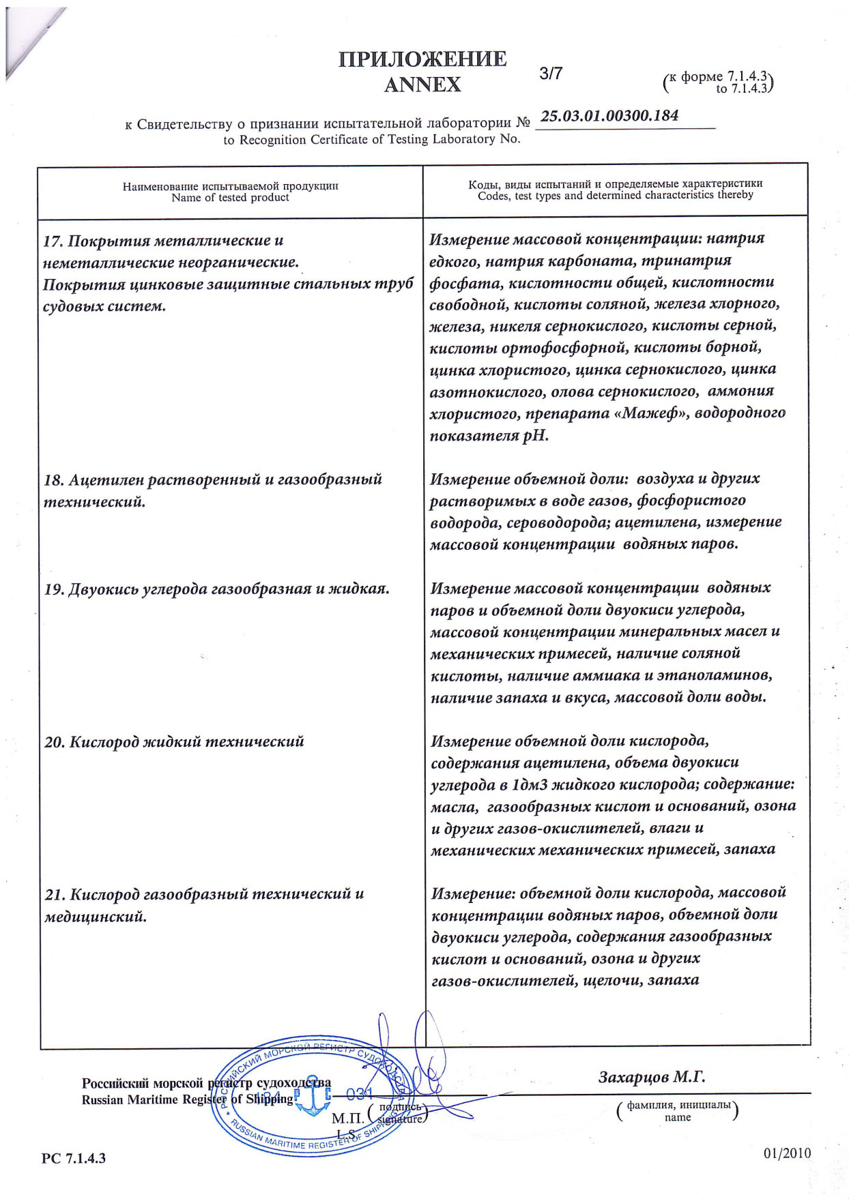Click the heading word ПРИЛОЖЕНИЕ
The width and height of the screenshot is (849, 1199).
422,59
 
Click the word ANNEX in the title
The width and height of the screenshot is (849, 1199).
422,85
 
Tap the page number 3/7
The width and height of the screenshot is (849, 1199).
551,74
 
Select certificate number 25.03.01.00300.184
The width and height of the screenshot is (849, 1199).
609,115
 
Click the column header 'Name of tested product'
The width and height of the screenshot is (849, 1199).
230,198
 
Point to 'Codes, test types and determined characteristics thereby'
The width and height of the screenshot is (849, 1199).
615,195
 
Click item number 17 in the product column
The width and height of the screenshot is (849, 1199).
53,241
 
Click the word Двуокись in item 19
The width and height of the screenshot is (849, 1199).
104,589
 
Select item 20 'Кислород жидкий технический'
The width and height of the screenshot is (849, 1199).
174,742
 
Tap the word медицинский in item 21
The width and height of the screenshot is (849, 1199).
96,917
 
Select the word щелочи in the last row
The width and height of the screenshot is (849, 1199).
612,980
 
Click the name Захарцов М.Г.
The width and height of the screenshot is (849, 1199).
652,1078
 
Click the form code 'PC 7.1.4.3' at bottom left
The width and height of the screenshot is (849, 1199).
74,1158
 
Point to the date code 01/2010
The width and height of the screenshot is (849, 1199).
788,1153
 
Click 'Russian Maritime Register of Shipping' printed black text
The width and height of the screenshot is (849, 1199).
187,1099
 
